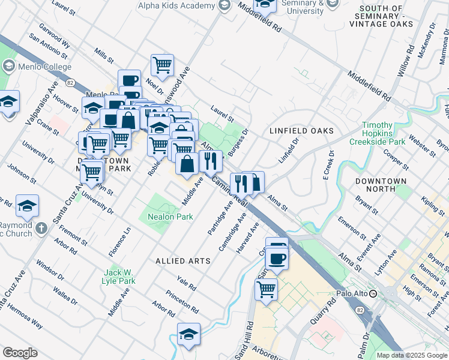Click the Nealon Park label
coord(167,216)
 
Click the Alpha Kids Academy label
coord(176,5)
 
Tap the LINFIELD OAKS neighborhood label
coord(301,130)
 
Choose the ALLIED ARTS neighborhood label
coord(183,261)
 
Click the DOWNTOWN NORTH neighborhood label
coord(381,181)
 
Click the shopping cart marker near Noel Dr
coord(163,64)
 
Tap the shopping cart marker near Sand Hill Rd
coord(265,289)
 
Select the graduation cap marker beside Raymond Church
coord(28,205)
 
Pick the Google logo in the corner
coord(20,353)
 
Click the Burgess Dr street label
coord(238,139)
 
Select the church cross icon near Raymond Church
coord(41,228)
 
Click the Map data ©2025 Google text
coord(411,355)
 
